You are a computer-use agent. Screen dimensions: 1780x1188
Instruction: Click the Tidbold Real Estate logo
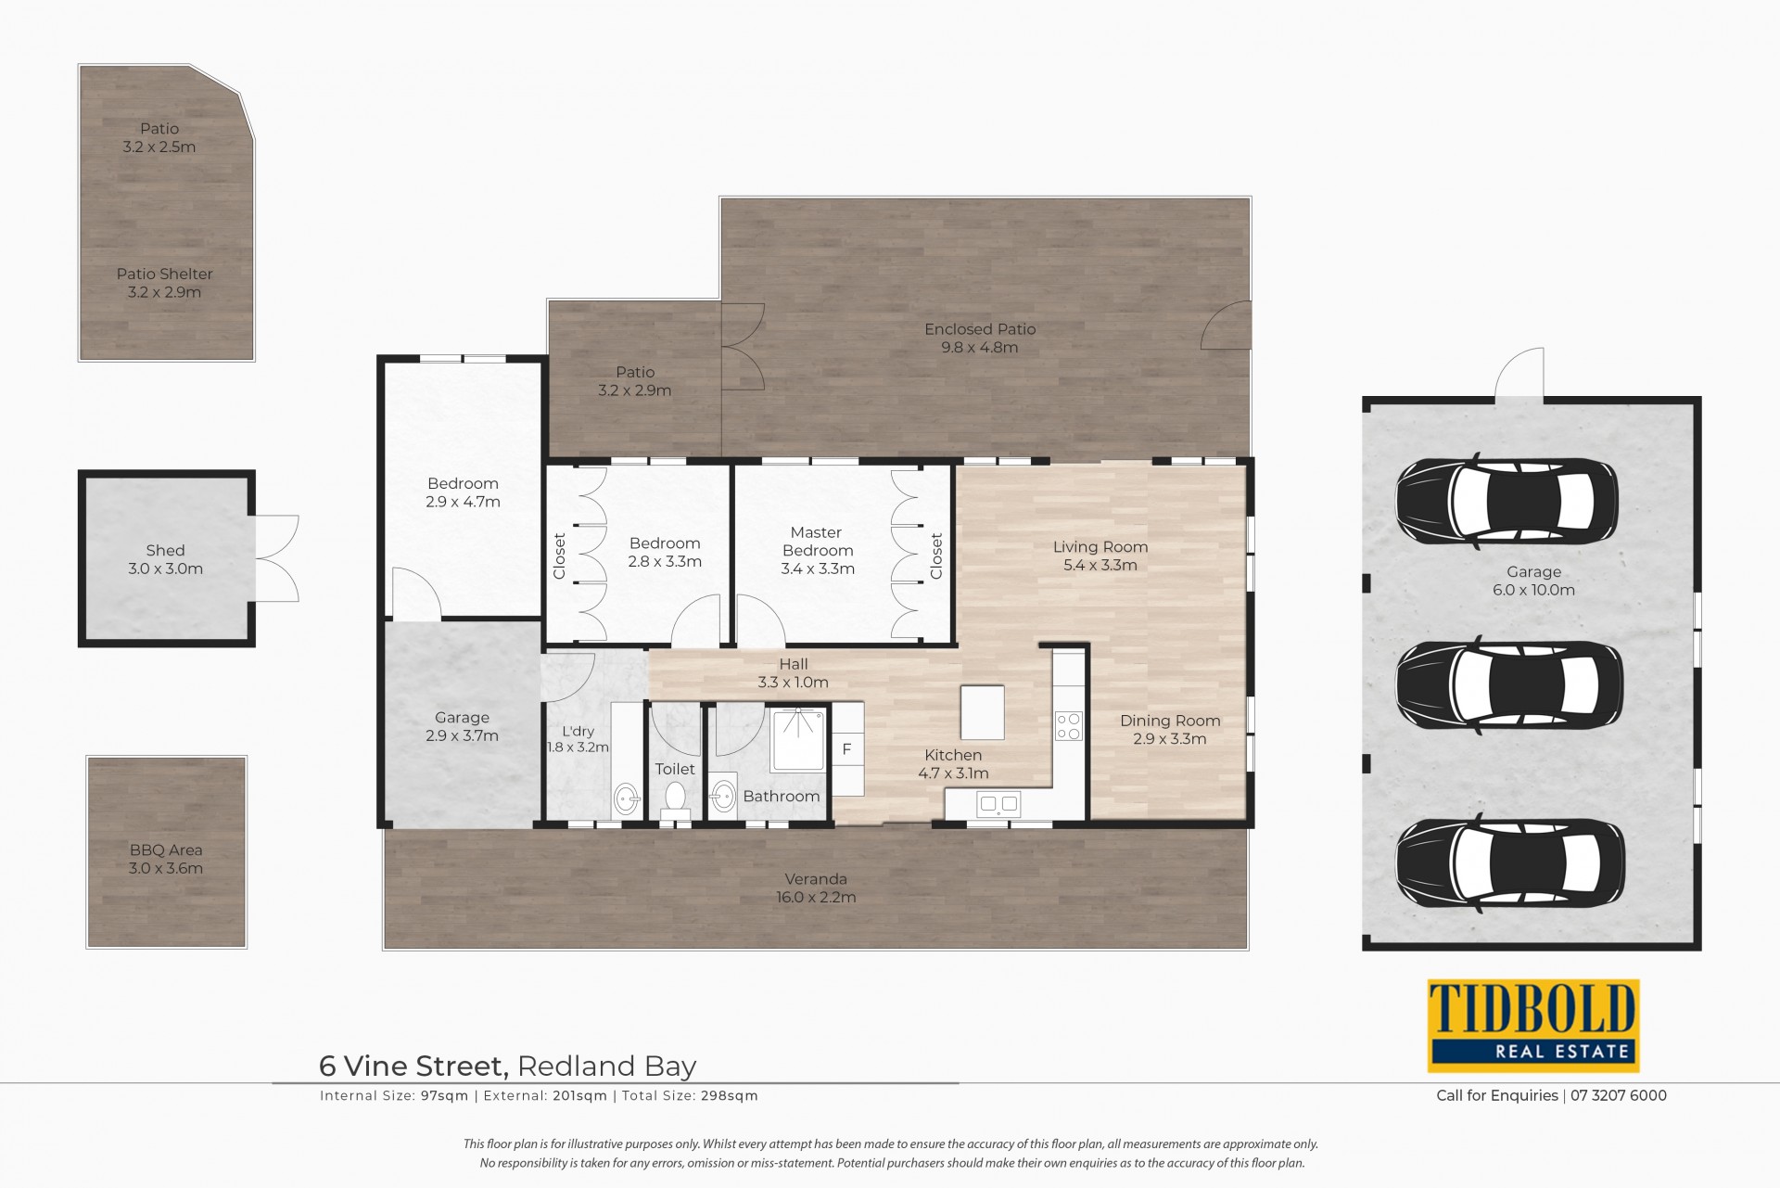coord(1533,1026)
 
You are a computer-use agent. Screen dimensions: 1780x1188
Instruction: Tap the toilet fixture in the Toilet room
coord(675,800)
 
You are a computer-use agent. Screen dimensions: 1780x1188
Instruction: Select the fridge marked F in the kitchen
coord(846,749)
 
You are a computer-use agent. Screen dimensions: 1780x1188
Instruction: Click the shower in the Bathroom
coord(798,739)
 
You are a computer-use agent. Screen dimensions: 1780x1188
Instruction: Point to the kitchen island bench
coord(983,712)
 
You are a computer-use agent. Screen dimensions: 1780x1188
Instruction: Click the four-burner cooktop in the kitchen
coord(1069,725)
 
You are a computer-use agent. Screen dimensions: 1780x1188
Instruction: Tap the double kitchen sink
coord(998,804)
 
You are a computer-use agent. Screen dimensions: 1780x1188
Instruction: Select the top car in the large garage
coord(1507,502)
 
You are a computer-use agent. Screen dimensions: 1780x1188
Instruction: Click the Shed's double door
coord(276,559)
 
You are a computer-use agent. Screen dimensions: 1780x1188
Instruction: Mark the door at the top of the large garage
coord(1519,373)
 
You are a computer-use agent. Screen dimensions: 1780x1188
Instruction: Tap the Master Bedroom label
coord(817,542)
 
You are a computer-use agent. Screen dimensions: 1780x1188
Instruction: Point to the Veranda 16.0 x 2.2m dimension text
coord(816,898)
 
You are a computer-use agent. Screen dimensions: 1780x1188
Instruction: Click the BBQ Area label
coord(166,850)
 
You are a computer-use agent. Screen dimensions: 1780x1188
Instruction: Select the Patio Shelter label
coord(165,275)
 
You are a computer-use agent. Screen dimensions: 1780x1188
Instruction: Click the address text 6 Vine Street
coord(413,1067)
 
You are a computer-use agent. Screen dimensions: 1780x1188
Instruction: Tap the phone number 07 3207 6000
coord(1619,1096)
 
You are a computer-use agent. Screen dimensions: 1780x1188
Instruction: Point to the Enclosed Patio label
coord(980,329)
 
